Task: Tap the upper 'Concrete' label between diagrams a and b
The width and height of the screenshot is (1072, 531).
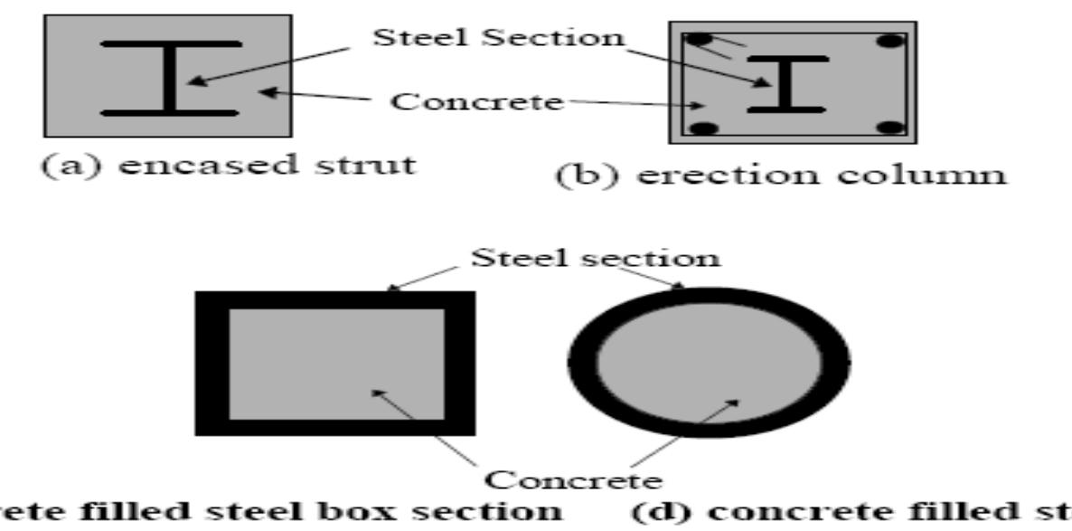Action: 475,100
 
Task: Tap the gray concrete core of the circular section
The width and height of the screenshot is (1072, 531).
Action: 709,362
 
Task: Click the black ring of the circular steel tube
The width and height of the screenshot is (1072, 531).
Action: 581,362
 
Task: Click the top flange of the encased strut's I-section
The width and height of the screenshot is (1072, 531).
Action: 171,43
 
